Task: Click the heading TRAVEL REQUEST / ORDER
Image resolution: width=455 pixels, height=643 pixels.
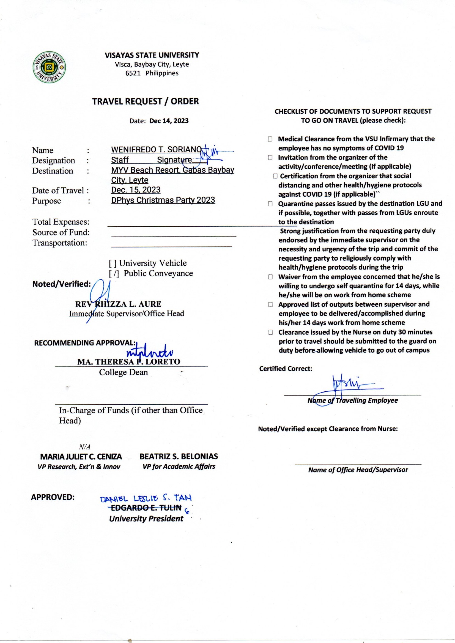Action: [x=146, y=101]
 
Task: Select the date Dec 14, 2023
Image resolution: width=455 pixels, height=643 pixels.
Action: [x=169, y=121]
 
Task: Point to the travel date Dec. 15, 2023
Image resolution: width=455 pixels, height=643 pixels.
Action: [x=136, y=190]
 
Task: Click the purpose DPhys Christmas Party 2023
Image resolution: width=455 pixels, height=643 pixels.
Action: [x=163, y=200]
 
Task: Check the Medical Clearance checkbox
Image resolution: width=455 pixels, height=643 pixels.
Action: [x=270, y=139]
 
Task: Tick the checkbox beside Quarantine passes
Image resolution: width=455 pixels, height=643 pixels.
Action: [x=270, y=204]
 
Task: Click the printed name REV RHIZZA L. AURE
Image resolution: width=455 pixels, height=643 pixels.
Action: [x=118, y=304]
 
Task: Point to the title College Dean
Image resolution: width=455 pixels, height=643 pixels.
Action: [x=123, y=372]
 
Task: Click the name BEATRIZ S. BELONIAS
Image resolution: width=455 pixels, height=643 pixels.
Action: [x=179, y=457]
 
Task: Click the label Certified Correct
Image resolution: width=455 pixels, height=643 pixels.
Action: [x=286, y=369]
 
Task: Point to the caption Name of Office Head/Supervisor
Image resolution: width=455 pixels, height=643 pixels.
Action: [x=358, y=470]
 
